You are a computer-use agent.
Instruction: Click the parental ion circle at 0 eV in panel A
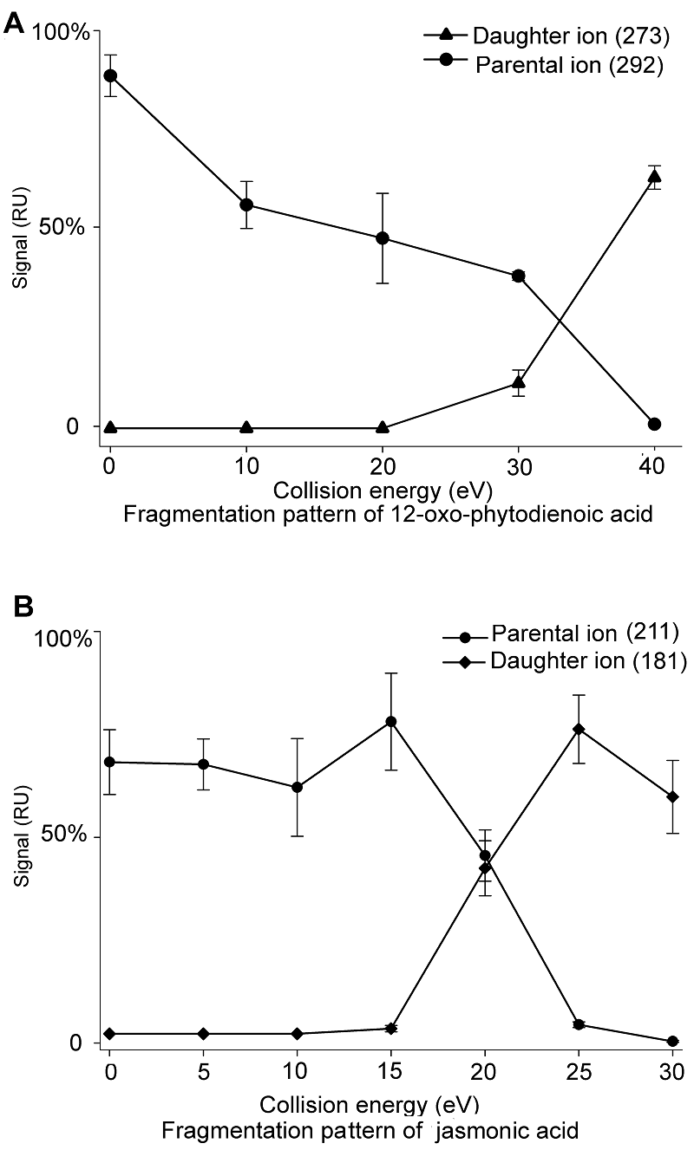[x=110, y=75]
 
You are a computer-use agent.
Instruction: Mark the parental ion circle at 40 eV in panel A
[x=654, y=424]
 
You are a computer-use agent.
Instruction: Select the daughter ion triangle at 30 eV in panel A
[x=519, y=382]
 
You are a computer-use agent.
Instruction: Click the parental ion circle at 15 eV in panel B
[x=391, y=722]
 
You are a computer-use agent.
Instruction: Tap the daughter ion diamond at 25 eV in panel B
[x=579, y=729]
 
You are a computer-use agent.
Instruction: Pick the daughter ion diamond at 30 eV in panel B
[x=671, y=796]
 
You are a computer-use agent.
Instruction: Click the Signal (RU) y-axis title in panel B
[x=21, y=838]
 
